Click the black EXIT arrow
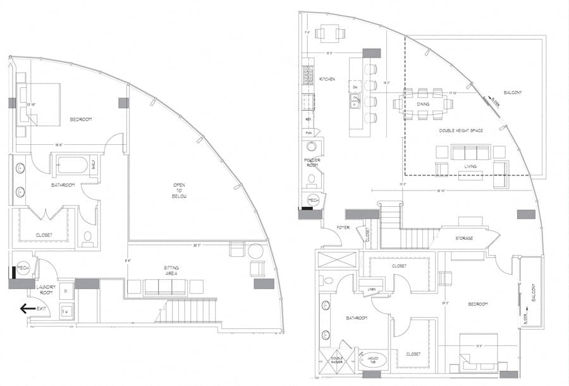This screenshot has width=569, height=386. (x=27, y=309)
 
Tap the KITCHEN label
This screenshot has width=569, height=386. (x=327, y=79)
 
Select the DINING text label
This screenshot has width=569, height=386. (x=423, y=104)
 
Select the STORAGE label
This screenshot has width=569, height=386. (x=464, y=238)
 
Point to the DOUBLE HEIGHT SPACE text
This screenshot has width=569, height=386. (x=461, y=130)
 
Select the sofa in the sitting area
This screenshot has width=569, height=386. (x=165, y=287)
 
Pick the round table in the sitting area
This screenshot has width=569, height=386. (x=255, y=251)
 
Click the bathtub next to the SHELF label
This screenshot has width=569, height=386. (x=73, y=166)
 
